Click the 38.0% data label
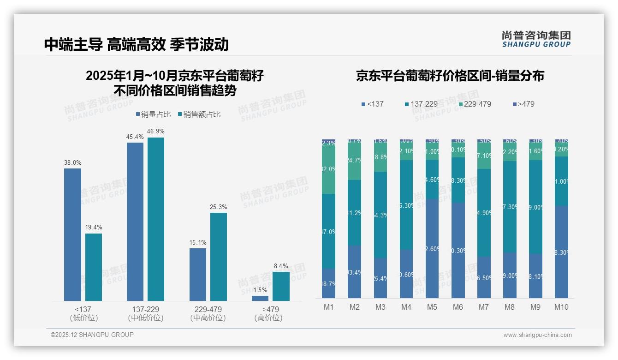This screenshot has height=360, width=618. click(x=72, y=162)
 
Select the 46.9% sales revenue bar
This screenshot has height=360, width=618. click(x=156, y=219)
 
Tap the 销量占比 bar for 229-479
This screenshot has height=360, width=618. click(x=198, y=275)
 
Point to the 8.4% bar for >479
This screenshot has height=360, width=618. click(x=281, y=286)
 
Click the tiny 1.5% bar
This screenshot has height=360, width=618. click(x=260, y=298)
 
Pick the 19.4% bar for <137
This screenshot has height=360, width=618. click(x=94, y=267)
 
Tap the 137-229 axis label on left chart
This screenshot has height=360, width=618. click(x=145, y=309)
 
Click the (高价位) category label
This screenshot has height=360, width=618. click(x=268, y=318)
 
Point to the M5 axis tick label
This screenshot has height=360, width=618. click(x=432, y=307)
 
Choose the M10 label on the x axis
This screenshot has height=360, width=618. click(x=561, y=307)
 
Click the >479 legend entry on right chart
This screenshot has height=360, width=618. click(x=523, y=104)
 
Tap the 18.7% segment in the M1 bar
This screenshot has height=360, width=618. click(x=328, y=283)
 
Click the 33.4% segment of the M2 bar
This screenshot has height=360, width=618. click(x=354, y=272)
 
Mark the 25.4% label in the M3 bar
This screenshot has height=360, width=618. click(x=380, y=278)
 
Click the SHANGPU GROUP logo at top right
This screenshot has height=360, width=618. click(x=536, y=39)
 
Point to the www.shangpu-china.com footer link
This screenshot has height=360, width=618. click(x=537, y=335)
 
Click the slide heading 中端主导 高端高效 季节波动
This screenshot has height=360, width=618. click(x=137, y=44)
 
